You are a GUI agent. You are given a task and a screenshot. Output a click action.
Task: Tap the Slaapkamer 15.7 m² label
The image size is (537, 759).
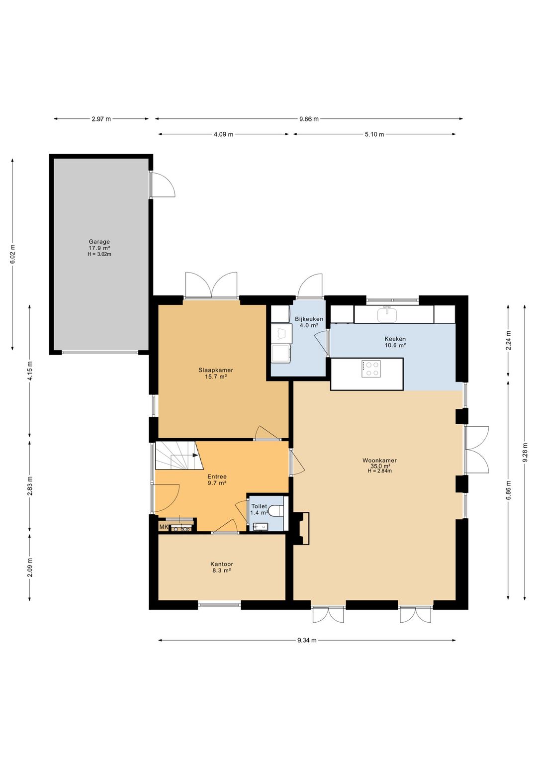(x=216, y=373)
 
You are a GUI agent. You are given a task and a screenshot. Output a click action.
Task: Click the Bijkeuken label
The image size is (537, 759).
(x=309, y=319)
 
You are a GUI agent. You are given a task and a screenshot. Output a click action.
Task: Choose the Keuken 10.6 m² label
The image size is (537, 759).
(x=395, y=342)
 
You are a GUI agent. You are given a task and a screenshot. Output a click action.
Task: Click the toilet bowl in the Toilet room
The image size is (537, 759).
(x=276, y=511)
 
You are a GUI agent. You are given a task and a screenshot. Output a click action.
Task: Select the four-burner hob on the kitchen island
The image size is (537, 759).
(x=371, y=369)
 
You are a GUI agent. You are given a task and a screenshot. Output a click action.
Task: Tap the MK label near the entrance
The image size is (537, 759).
(x=163, y=527)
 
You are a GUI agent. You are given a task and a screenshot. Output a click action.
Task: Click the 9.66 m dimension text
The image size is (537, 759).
(x=309, y=119)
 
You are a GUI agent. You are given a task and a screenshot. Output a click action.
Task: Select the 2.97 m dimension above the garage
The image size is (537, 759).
(x=101, y=119)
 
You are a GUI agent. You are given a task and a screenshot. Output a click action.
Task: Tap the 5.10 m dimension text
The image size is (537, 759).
(x=374, y=134)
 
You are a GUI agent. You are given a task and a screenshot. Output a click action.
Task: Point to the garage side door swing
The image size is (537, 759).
(x=163, y=184)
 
